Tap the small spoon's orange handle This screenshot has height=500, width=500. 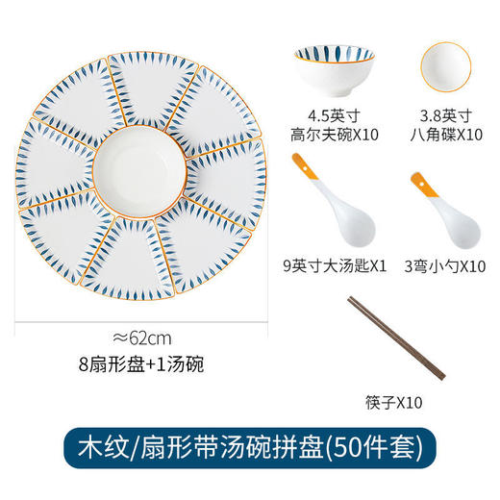(x=418, y=184)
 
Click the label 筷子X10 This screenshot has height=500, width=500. (x=394, y=405)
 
